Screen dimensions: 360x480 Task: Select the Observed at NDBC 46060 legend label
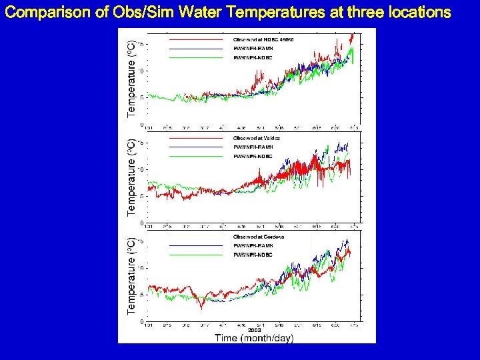click(x=263, y=40)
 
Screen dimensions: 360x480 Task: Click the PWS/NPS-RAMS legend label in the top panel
click(x=253, y=49)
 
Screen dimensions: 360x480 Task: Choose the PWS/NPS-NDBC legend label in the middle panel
click(x=253, y=156)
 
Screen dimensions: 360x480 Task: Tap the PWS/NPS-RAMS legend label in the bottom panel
click(x=253, y=246)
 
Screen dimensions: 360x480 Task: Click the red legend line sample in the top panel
click(x=195, y=40)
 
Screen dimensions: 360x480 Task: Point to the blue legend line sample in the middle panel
click(x=195, y=147)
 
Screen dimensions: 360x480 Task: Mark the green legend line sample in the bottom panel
click(x=195, y=255)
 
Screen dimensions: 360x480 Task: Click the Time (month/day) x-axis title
click(x=253, y=338)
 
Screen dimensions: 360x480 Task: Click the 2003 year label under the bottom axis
click(x=254, y=329)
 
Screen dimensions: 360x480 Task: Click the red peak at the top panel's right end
click(x=352, y=35)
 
